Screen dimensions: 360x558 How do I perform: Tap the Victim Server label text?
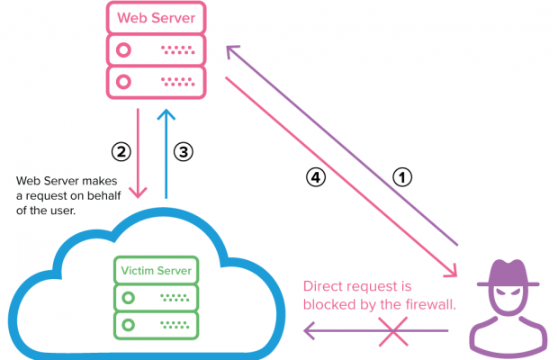click(x=157, y=269)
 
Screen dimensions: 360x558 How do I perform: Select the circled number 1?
click(x=403, y=177)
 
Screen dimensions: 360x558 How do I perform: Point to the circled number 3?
click(x=183, y=152)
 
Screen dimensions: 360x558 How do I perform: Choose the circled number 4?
click(x=315, y=177)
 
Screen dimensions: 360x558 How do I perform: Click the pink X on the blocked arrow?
click(x=396, y=333)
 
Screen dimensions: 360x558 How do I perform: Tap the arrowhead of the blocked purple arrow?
click(x=308, y=333)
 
